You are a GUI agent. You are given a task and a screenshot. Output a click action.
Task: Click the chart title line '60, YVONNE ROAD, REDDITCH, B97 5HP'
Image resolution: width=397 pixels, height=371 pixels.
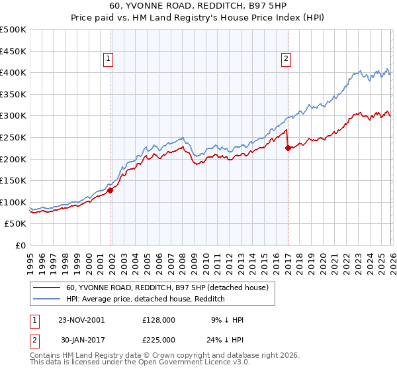(198, 5)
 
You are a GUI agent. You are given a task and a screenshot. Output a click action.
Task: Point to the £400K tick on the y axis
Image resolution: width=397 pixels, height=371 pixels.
(13, 73)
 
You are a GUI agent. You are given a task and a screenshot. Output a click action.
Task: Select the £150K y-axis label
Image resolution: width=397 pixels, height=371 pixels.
(13, 181)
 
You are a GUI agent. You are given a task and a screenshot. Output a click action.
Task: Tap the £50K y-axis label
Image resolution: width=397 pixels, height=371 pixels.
(16, 224)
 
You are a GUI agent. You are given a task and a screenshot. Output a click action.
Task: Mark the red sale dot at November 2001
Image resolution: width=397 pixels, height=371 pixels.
(110, 190)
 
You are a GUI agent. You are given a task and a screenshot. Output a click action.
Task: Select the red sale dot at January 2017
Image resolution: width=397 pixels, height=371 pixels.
(288, 148)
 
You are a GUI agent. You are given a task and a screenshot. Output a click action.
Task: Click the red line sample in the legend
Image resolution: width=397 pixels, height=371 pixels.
(47, 288)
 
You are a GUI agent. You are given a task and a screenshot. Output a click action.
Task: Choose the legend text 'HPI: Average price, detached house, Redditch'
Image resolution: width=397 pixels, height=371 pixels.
(146, 299)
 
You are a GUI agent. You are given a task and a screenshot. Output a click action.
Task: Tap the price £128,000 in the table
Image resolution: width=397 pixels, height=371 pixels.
(158, 320)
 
